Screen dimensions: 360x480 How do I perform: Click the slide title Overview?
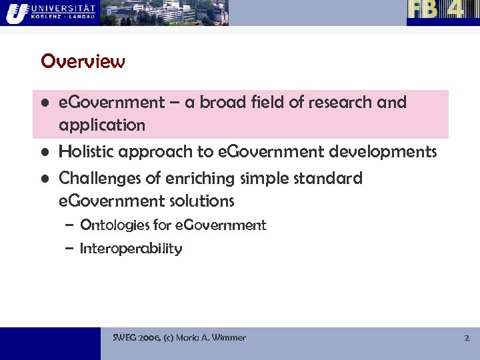coord(83,61)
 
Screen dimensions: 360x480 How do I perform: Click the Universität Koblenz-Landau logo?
coord(50,12)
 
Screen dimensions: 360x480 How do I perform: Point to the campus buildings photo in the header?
coord(164,13)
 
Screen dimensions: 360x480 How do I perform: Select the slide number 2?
coord(467,338)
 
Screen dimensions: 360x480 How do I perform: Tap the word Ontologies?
coord(114,225)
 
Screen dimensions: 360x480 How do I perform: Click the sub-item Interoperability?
coord(131,249)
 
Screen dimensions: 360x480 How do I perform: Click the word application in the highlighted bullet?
coord(101,125)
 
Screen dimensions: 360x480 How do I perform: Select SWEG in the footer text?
coord(125,338)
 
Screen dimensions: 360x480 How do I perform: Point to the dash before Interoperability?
coord(69,249)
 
